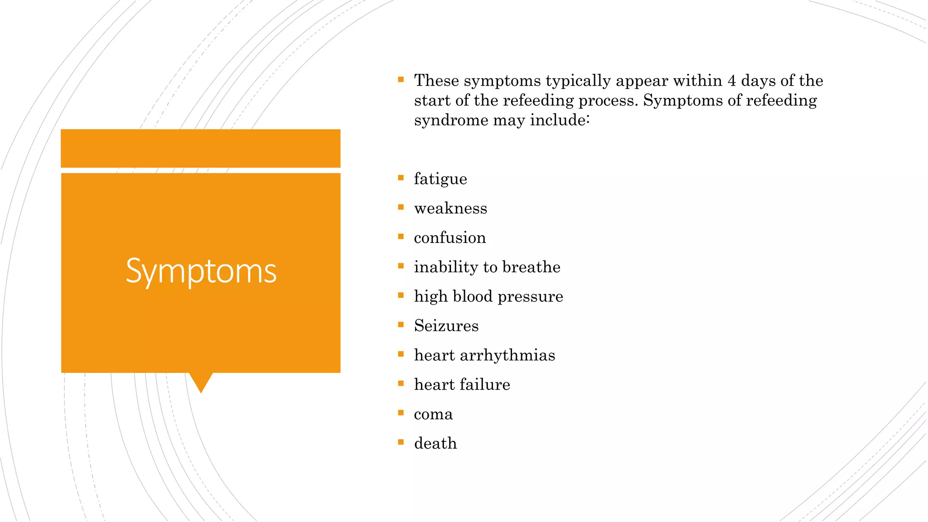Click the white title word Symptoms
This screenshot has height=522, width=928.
(x=201, y=271)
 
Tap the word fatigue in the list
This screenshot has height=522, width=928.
(x=440, y=179)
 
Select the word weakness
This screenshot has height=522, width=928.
(x=450, y=208)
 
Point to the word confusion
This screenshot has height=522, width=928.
(x=449, y=238)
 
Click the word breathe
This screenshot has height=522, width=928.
(x=531, y=267)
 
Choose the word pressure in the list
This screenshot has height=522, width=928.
(x=530, y=297)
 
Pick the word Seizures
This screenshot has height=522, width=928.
(x=446, y=326)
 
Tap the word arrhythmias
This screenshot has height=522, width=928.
(x=507, y=355)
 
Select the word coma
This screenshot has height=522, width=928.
(x=433, y=414)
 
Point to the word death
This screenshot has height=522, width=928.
(x=435, y=443)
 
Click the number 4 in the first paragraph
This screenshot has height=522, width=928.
(x=731, y=81)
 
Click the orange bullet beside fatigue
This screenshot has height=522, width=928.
(x=401, y=178)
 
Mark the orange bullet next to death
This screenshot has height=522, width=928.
(x=401, y=442)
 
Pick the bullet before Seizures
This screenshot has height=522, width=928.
(x=401, y=325)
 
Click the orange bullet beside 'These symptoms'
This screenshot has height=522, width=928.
(x=401, y=80)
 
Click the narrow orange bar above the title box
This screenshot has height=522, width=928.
(x=200, y=148)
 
